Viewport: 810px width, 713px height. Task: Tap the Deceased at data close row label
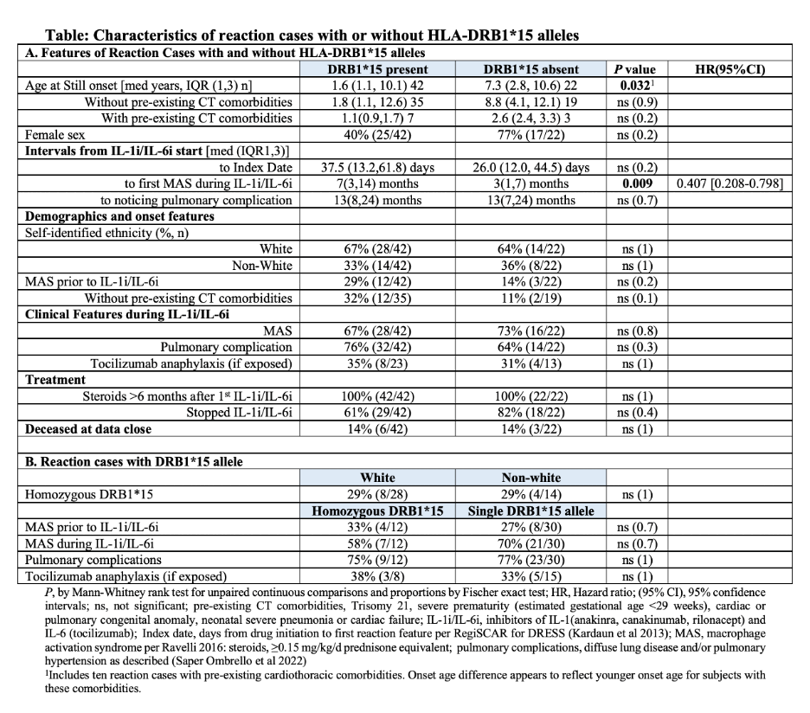[87, 428]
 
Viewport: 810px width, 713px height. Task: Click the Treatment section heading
[55, 379]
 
